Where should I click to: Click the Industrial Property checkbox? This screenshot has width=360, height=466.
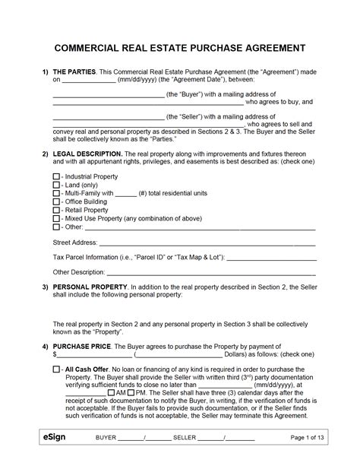(56, 176)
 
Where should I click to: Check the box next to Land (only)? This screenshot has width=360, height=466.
(56, 185)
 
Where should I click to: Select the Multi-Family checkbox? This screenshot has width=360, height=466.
(56, 193)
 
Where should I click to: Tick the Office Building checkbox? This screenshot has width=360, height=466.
(56, 201)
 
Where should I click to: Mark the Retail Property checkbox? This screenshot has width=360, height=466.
(56, 210)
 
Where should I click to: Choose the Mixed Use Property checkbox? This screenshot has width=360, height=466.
(56, 218)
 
